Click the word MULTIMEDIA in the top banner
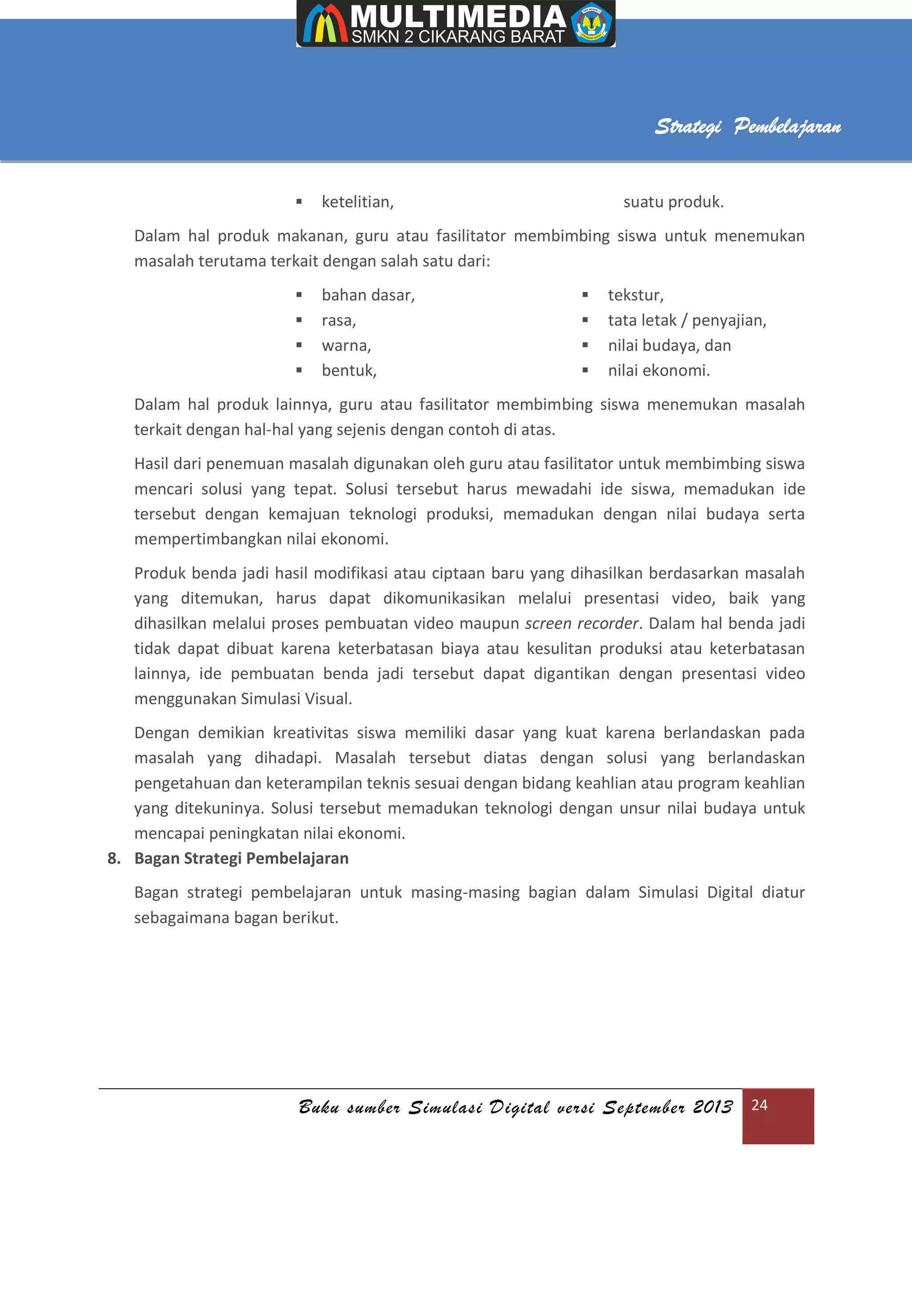(458, 17)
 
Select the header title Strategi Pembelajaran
(747, 126)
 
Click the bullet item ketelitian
(358, 202)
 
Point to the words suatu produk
(673, 202)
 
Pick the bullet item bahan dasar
(368, 295)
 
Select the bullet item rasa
(338, 320)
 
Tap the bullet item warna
(346, 345)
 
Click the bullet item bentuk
(349, 371)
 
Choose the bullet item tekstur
(635, 295)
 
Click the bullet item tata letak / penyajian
(687, 320)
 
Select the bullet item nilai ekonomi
(659, 371)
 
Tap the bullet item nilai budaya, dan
(669, 345)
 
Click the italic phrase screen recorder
(582, 623)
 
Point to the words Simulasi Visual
(296, 699)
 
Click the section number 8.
(114, 859)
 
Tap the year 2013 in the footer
(712, 1107)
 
